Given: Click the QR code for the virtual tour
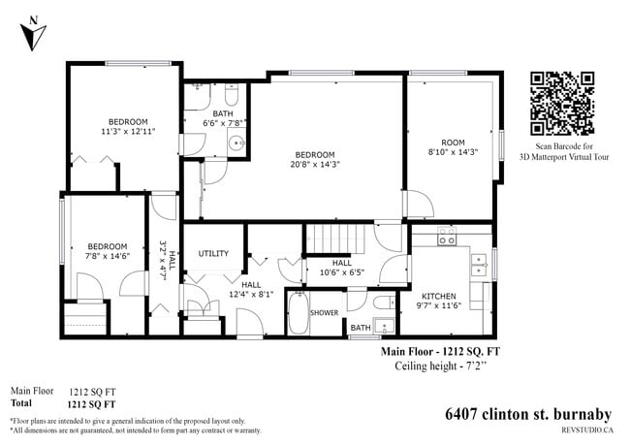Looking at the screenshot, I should point(562,103).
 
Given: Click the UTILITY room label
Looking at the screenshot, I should point(213,254).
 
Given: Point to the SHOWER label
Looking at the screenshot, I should point(324,313).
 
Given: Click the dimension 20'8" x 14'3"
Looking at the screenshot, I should point(315,166).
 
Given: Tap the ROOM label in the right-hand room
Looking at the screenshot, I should point(453,142).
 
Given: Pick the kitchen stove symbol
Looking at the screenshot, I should point(448,236).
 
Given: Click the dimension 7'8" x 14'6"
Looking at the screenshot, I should point(107,256).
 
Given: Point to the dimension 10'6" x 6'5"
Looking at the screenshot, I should point(341,273).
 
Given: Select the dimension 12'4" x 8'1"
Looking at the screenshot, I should point(251,295).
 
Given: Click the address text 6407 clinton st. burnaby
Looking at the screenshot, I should point(528,414).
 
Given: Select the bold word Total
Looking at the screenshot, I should point(20,402).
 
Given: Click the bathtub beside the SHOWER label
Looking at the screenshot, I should point(295,315).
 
